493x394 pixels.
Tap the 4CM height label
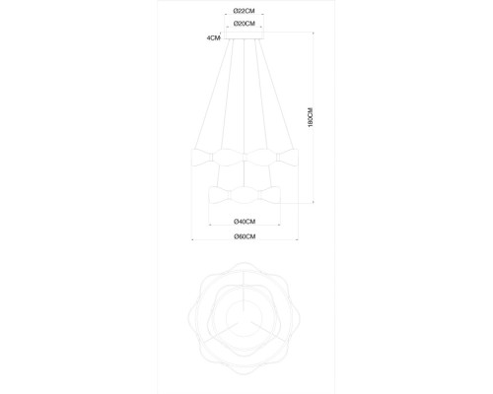pos(213,38)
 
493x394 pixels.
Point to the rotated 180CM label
pos(309,118)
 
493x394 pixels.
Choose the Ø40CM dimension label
pos(246,222)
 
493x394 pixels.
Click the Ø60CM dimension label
pos(246,236)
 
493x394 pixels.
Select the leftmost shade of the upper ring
pos(201,157)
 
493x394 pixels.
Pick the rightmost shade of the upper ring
pos(289,157)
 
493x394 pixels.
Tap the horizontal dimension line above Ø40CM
pos(246,214)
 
